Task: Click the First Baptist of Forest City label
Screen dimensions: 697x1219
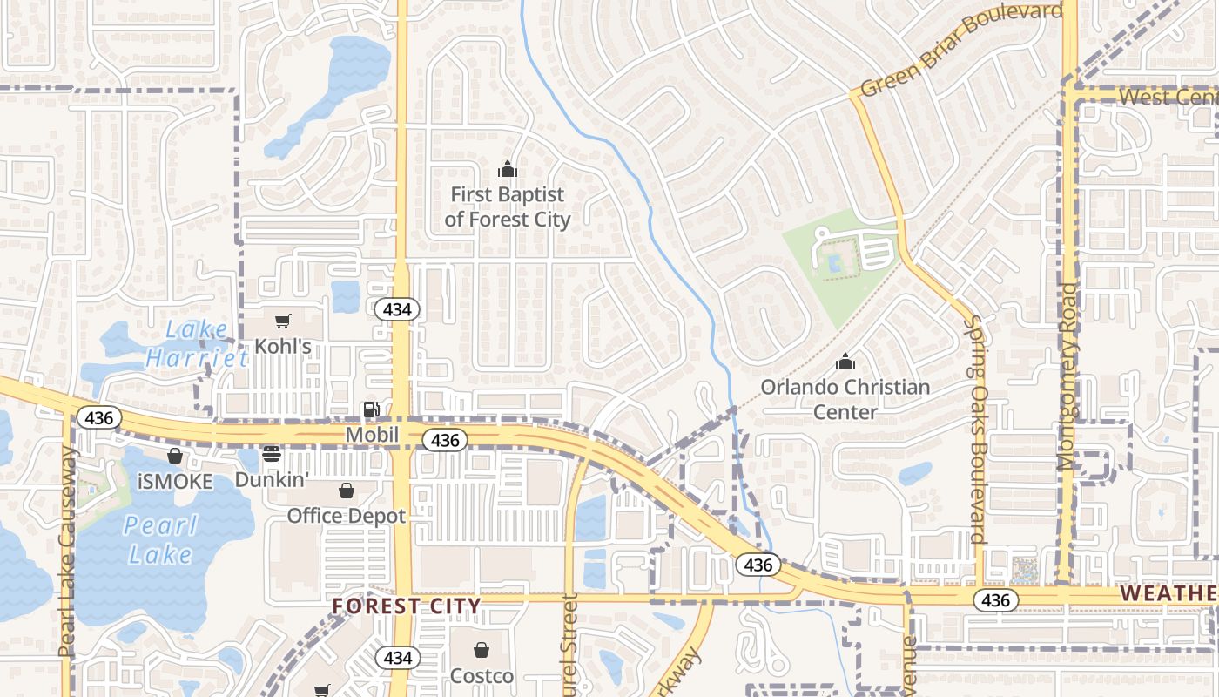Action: coord(508,207)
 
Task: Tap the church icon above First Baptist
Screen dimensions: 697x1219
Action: coord(508,169)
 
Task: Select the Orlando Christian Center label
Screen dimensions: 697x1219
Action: coord(845,399)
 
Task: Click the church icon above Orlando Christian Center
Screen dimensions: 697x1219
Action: coord(845,361)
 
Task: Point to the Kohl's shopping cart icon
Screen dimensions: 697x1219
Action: coord(282,321)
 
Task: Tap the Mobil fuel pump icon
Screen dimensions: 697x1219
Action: coord(372,409)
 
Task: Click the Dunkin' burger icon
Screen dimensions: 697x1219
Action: coord(272,454)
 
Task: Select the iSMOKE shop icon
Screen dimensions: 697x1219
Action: coord(175,456)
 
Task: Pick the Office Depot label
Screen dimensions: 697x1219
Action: coord(347,516)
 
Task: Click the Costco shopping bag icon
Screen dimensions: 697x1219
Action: coord(481,650)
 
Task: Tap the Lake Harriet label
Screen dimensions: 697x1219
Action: coord(197,343)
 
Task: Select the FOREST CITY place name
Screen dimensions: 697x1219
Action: coord(407,606)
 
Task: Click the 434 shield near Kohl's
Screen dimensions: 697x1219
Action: coord(398,308)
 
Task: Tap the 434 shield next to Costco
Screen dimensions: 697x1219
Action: coord(397,657)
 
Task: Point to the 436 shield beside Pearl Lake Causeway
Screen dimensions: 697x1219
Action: coord(99,417)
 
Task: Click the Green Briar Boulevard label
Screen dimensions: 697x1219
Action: coord(961,50)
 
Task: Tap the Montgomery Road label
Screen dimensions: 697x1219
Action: coord(1067,376)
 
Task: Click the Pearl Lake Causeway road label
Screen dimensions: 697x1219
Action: coord(68,552)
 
